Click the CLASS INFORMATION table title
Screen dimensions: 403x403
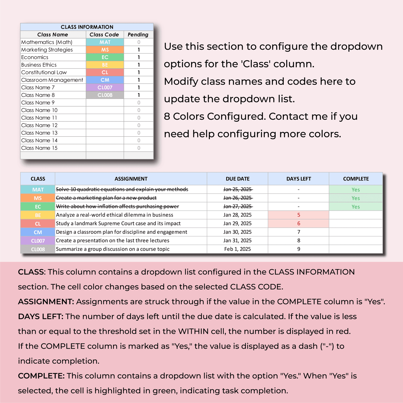[87, 27]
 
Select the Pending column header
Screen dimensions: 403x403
[138, 35]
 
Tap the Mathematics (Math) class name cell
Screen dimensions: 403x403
[47, 42]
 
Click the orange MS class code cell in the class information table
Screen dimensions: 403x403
[105, 50]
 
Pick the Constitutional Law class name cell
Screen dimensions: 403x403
[44, 72]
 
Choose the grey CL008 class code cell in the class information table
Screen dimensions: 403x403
[105, 95]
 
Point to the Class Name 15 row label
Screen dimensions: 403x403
[40, 148]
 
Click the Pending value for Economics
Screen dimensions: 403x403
[139, 57]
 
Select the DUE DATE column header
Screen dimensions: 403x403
[238, 179]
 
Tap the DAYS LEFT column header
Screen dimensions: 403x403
[298, 179]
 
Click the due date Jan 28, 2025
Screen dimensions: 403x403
[237, 215]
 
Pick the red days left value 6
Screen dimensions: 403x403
[299, 223]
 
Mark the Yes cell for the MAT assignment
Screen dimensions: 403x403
[356, 190]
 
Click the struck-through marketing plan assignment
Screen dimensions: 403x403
[106, 198]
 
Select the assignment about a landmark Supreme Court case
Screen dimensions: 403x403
[118, 223]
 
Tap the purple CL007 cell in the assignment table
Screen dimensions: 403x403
[38, 241]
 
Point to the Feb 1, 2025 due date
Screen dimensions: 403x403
[238, 249]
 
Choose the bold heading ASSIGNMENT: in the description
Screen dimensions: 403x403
[46, 301]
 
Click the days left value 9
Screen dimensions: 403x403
[299, 249]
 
